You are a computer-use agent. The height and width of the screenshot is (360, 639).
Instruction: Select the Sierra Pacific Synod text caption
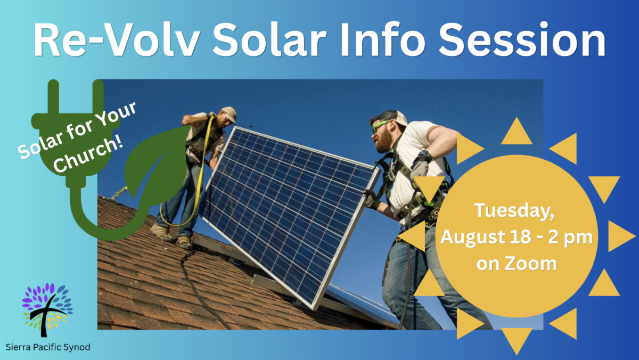click(48, 347)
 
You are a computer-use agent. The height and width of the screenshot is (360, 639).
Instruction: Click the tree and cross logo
click(47, 310)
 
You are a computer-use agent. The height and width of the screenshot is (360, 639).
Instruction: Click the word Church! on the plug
click(88, 155)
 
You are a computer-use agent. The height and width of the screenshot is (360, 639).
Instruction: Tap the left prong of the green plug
click(53, 96)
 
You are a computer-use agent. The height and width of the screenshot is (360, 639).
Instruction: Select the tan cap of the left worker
click(230, 113)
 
